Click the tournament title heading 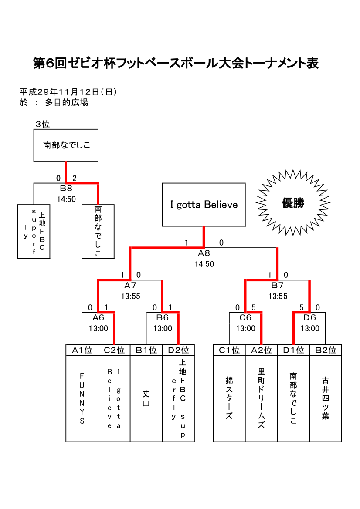pyautogui.click(x=176, y=64)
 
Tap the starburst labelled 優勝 pyautogui.click(x=292, y=203)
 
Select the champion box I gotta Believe pyautogui.click(x=204, y=205)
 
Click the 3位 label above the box pyautogui.click(x=43, y=124)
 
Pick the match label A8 pyautogui.click(x=204, y=253)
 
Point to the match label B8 pyautogui.click(x=66, y=188)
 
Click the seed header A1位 pyautogui.click(x=82, y=350)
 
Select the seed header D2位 pyautogui.click(x=178, y=350)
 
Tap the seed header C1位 pyautogui.click(x=229, y=350)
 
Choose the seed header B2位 pyautogui.click(x=326, y=350)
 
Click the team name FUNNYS pyautogui.click(x=82, y=398)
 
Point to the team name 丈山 pyautogui.click(x=146, y=398)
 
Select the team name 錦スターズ pyautogui.click(x=229, y=398)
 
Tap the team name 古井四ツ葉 pyautogui.click(x=326, y=398)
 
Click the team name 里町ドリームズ pyautogui.click(x=262, y=398)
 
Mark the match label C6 pyautogui.click(x=245, y=317)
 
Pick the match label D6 pyautogui.click(x=309, y=317)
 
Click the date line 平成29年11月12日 pyautogui.click(x=68, y=92)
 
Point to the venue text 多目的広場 pyautogui.click(x=67, y=103)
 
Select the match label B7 pyautogui.click(x=278, y=286)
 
